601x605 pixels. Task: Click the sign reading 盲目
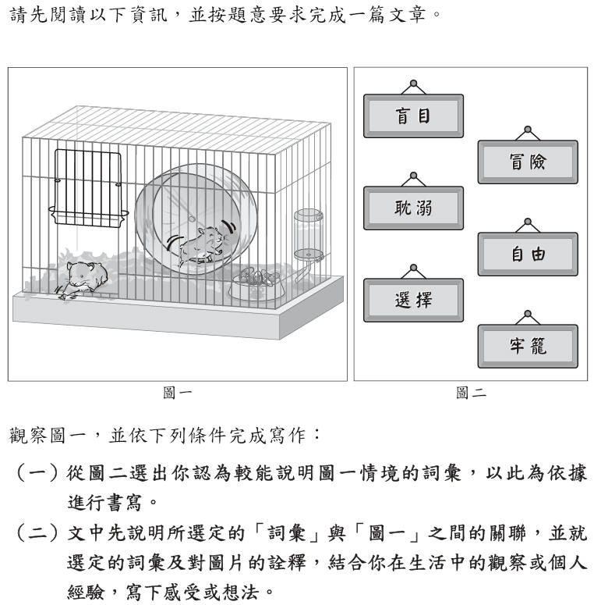413,116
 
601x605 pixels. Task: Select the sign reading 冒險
528,162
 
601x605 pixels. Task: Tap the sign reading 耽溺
413,208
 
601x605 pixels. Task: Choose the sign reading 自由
528,254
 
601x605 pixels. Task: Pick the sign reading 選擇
413,301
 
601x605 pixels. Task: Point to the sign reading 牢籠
528,346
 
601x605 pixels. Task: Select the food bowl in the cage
257,286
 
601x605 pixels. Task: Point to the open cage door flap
88,187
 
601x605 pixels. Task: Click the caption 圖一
177,393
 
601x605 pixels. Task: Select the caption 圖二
471,393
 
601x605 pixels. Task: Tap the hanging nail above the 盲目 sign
413,83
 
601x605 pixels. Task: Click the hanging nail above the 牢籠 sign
528,314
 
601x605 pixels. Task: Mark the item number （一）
37,473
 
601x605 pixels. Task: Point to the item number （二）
37,533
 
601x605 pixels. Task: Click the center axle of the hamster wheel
192,219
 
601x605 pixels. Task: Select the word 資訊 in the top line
149,15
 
